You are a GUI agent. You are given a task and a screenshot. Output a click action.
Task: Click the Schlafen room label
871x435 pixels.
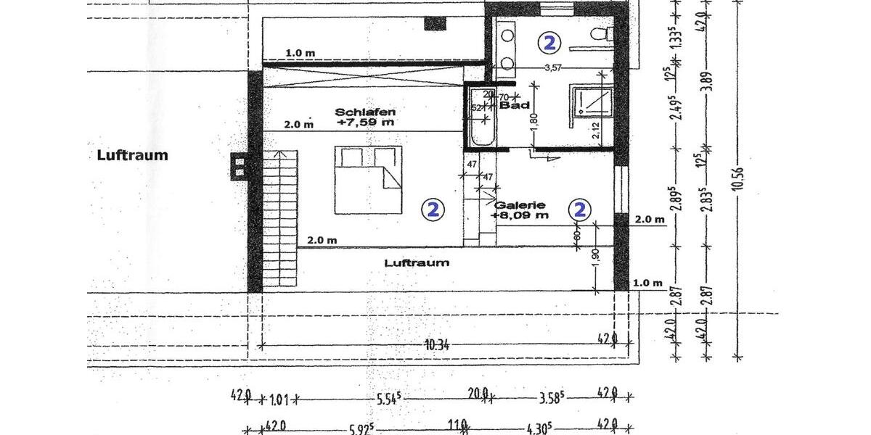(365, 112)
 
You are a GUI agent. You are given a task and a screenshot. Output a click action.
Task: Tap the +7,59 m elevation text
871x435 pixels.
(365, 123)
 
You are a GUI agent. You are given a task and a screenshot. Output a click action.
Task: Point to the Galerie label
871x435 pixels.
(519, 204)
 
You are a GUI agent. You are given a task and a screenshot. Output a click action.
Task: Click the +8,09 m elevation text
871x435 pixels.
(519, 215)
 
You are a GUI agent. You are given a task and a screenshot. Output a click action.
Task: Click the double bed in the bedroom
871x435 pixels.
(367, 180)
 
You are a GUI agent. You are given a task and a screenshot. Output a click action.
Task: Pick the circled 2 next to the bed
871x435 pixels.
(433, 210)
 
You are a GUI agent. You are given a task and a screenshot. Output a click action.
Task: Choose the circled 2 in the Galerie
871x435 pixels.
(580, 210)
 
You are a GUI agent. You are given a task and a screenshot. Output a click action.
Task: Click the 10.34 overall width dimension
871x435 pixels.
(437, 346)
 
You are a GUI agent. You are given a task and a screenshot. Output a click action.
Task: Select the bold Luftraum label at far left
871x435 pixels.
(132, 154)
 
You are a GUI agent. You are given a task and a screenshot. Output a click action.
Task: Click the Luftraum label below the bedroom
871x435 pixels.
(417, 262)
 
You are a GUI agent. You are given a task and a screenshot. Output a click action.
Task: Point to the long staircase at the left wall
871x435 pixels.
(279, 217)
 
